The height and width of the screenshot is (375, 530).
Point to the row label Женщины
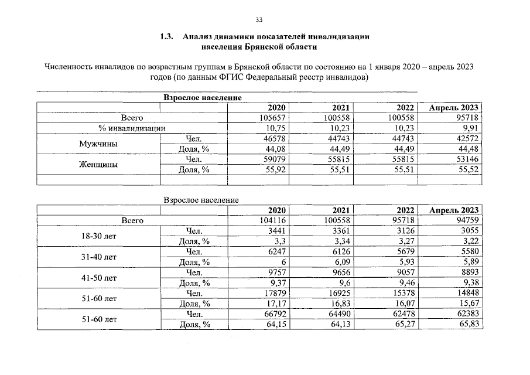[98, 164]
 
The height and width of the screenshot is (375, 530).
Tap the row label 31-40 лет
[98, 257]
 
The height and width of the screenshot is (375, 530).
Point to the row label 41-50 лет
[98, 277]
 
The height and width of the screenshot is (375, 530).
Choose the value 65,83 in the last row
[469, 323]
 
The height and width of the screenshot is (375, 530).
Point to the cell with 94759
[467, 220]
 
